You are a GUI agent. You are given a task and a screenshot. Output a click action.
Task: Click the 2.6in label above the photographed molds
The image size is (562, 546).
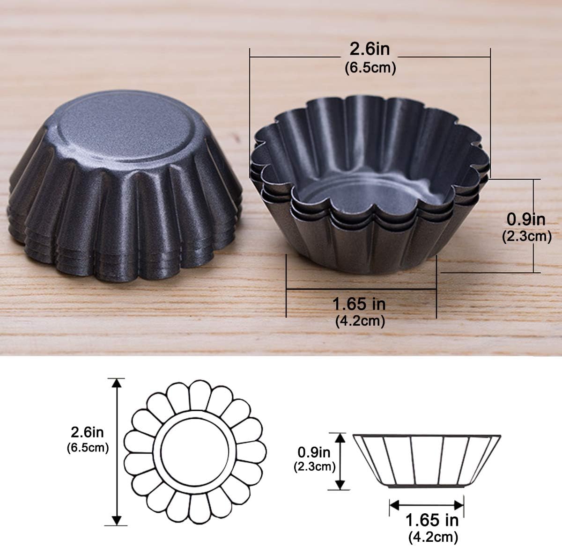pyautogui.click(x=370, y=49)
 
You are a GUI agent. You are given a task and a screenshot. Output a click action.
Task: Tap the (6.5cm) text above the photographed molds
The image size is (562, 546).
pyautogui.click(x=370, y=68)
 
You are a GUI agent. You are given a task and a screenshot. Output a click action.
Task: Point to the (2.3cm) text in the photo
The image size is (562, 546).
pyautogui.click(x=526, y=236)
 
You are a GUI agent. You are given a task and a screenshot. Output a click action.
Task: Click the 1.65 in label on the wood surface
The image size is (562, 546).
pyautogui.click(x=359, y=305)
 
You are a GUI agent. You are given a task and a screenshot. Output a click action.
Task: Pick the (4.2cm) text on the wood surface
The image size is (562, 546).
pyautogui.click(x=360, y=321)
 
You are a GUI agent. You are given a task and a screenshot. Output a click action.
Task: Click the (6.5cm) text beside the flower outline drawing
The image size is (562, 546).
pyautogui.click(x=88, y=448)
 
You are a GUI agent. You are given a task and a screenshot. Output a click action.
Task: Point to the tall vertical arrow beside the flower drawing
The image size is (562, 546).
pyautogui.click(x=117, y=451)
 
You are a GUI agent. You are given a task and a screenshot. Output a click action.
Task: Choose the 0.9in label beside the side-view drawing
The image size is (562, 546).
pyautogui.click(x=315, y=452)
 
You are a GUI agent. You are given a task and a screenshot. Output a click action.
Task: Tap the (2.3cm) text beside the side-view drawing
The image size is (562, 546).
pyautogui.click(x=314, y=466)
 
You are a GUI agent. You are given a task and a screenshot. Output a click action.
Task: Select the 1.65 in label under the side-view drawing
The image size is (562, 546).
pyautogui.click(x=432, y=520)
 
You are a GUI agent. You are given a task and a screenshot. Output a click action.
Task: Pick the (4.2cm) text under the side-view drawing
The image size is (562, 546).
pyautogui.click(x=432, y=537)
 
